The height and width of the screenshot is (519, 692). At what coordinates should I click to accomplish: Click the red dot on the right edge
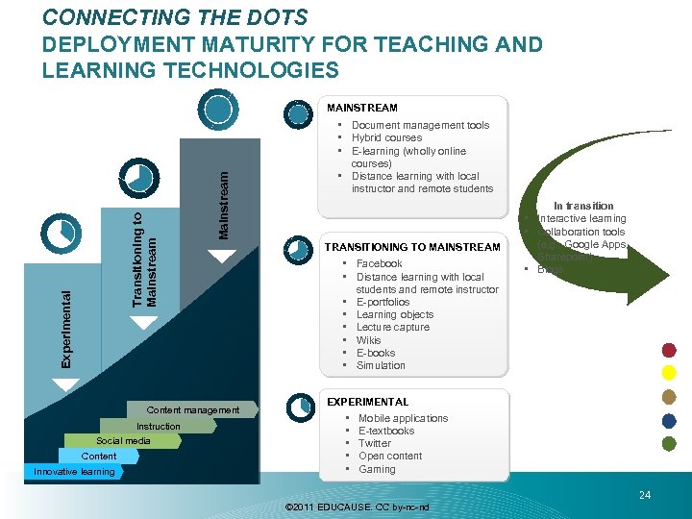pos(671,350)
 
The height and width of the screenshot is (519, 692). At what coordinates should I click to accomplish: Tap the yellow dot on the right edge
pos(671,373)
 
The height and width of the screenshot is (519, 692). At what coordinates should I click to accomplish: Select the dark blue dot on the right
pos(671,420)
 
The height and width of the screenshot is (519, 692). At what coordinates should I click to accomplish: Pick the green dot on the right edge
pos(671,443)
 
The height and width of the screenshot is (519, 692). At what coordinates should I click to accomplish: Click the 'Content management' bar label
pos(193,410)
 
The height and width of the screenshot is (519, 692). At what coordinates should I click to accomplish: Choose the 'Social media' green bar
pos(124,441)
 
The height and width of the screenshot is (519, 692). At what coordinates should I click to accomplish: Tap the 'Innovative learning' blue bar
pos(73,472)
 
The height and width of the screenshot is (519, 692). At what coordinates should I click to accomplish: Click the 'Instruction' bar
pos(158,426)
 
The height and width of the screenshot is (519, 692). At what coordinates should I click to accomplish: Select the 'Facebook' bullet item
pos(379,263)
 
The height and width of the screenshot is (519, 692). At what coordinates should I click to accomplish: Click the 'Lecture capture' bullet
pos(392,327)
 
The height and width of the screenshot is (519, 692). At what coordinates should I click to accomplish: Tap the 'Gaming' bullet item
pos(377,469)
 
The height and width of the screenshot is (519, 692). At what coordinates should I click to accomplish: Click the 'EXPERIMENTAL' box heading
pos(368,402)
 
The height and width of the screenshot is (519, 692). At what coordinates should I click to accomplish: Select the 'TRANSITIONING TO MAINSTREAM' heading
pos(412,247)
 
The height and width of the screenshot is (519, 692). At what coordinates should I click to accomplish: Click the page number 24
pos(644,495)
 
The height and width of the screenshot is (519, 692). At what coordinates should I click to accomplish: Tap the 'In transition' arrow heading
pos(583,206)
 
